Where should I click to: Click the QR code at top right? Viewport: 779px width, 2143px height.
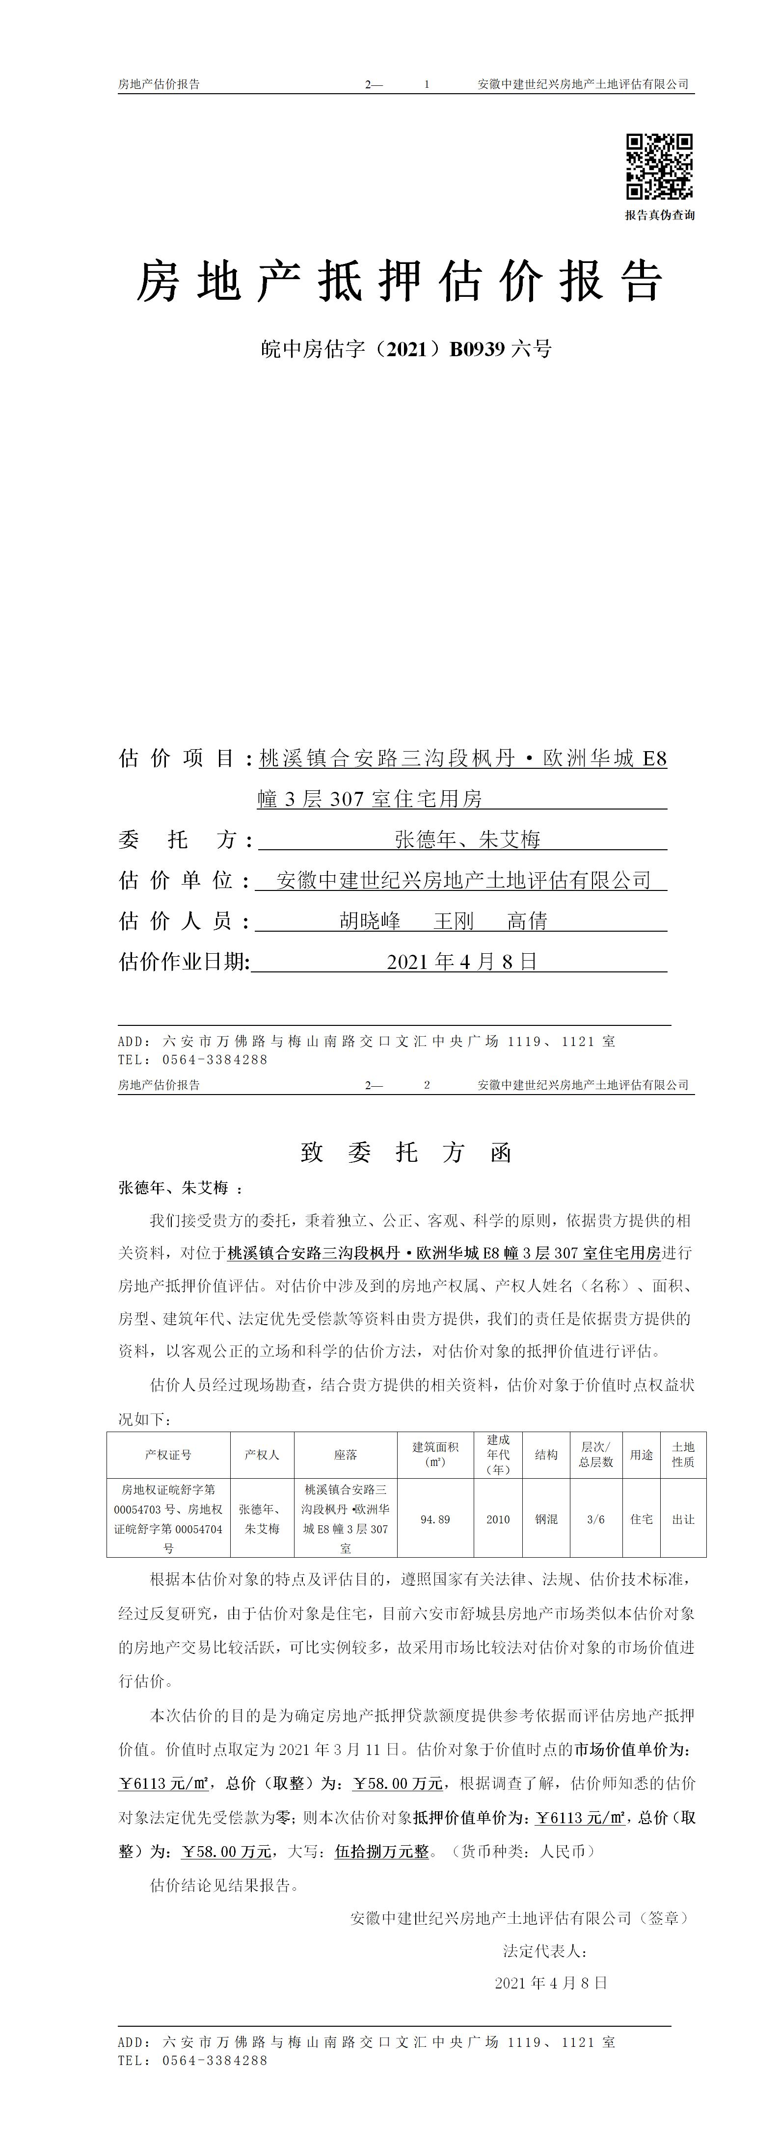659,166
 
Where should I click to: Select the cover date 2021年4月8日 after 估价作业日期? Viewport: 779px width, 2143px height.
462,962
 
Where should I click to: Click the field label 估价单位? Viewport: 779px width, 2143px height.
176,880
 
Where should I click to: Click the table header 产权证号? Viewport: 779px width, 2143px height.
168,1455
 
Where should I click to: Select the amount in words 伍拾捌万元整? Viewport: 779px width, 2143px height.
382,1852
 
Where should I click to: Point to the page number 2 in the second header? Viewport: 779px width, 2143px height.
427,1085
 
